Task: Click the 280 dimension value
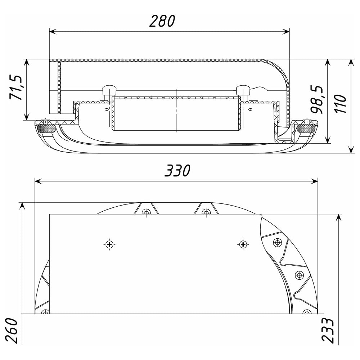tap(162, 21)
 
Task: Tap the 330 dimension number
tap(177, 171)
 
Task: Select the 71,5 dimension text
tap(16, 87)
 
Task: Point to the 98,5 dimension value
tap(317, 100)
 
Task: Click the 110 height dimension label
tap(340, 104)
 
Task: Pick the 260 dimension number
tap(12, 331)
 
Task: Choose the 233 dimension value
tap(327, 330)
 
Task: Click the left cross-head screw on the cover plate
tap(109, 244)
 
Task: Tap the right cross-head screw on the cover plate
tap(243, 244)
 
